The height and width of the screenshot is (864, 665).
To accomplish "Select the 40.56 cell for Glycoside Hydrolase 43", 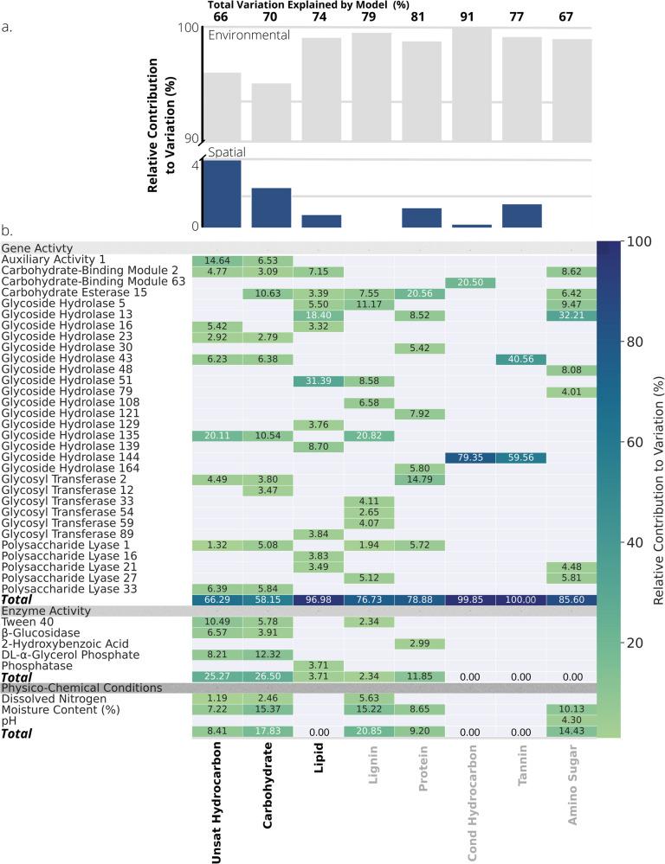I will pyautogui.click(x=520, y=359).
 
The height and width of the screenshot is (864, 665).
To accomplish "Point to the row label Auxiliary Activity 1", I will pyautogui.click(x=54, y=259).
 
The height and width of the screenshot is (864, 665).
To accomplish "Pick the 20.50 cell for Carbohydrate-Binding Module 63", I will pyautogui.click(x=471, y=283).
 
